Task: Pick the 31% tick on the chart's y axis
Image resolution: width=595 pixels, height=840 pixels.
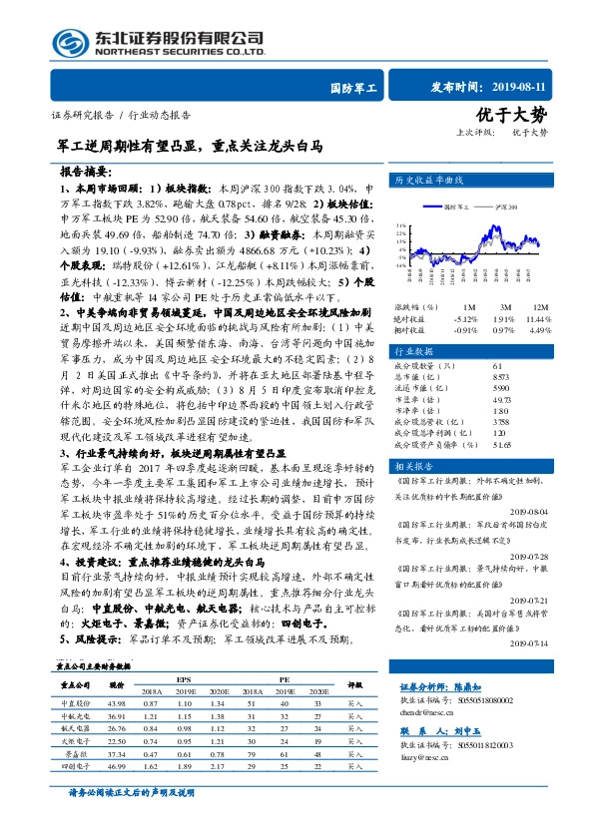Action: [x=399, y=225]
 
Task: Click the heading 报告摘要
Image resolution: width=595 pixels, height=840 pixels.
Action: [x=86, y=171]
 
